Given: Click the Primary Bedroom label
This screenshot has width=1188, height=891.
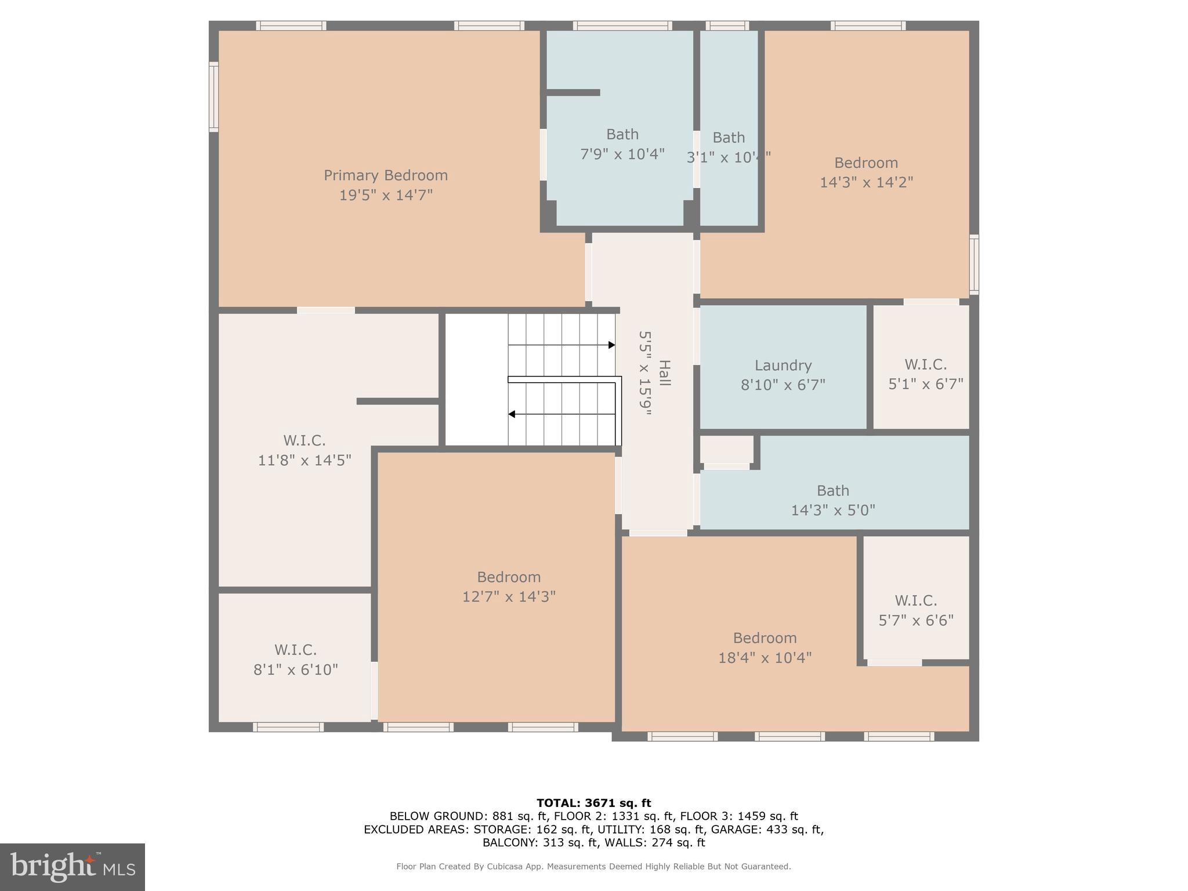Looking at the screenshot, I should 385,175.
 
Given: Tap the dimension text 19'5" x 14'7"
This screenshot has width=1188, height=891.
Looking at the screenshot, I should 385,195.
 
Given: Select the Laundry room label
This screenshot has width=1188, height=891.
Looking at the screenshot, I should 783,365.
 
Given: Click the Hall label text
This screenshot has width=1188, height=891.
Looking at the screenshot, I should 665,374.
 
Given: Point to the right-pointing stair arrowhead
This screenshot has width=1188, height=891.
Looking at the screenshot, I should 611,345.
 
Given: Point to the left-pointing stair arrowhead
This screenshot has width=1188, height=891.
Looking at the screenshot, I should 512,414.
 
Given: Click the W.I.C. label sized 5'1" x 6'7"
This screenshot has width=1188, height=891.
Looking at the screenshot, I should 925,365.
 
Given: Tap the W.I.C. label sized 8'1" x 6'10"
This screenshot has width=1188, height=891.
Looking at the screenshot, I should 295,650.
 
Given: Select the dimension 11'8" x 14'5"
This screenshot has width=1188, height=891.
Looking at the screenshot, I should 305,461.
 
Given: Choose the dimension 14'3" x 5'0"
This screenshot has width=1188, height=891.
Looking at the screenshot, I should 832,510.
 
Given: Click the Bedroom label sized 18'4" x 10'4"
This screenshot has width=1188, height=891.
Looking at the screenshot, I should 765,638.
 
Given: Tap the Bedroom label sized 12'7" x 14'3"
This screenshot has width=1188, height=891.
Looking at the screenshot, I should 509,577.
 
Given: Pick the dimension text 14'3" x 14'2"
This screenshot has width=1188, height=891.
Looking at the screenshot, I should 866,183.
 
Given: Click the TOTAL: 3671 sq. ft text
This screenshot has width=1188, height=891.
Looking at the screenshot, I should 593,803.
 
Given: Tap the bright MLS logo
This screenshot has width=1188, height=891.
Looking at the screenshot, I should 73,867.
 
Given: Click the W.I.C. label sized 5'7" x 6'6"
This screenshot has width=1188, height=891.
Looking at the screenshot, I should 915,600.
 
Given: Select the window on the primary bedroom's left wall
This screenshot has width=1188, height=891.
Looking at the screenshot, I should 213,97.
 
